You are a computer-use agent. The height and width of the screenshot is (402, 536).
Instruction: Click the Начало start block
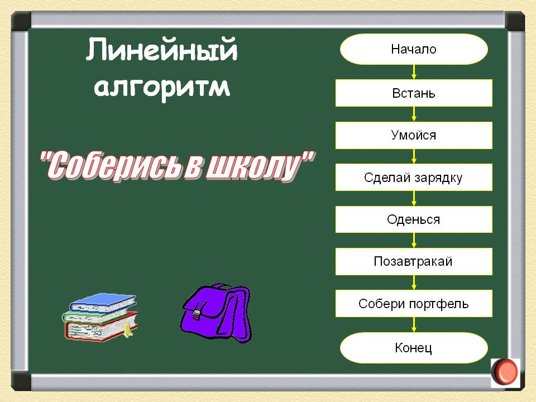pos(414,49)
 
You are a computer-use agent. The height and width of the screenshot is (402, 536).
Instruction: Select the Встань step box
pos(414,93)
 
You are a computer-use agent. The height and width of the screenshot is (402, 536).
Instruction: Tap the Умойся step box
pos(414,135)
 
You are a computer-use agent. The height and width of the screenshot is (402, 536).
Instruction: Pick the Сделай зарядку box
pos(414,177)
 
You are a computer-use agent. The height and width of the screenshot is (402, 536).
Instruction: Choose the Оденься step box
pos(414,219)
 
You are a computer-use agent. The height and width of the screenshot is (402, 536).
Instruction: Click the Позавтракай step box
pos(414,261)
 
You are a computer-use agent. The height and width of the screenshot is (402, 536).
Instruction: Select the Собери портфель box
pos(414,304)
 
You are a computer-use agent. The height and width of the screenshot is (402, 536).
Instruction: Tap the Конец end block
pos(414,348)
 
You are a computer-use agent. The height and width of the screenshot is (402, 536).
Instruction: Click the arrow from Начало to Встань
pos(414,72)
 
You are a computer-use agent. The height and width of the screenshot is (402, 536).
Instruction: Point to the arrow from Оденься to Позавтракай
pos(414,241)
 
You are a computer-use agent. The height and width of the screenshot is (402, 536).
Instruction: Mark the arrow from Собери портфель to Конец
pos(414,325)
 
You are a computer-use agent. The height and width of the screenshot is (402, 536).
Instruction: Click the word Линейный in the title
pos(161,50)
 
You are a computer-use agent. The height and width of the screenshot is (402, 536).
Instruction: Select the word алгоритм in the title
pos(162,88)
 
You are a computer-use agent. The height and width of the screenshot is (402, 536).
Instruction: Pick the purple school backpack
pos(217,313)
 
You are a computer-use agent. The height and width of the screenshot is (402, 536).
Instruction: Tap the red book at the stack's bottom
pos(101,330)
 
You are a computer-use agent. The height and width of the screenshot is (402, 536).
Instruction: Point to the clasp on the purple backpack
pos(197,314)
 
